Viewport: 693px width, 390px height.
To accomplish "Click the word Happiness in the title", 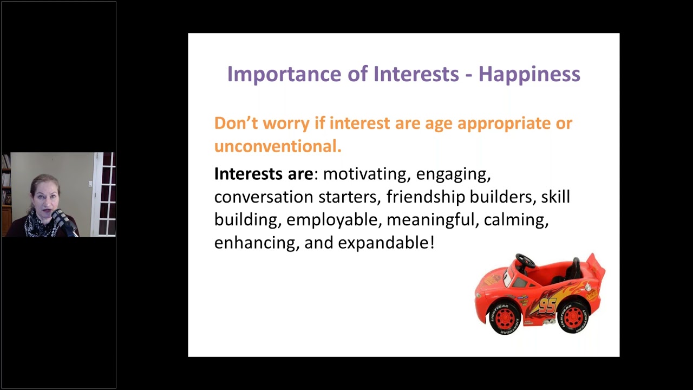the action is (529, 74).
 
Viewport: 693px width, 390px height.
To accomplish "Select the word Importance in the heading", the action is (284, 74).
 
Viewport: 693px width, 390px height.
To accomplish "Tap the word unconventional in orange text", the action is (278, 146).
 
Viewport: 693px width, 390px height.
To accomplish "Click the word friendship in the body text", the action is (426, 197).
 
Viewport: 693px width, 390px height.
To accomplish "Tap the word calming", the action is (517, 220).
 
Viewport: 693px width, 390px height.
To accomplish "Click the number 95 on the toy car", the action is (547, 305).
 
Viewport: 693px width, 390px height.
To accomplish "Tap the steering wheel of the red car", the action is (525, 261).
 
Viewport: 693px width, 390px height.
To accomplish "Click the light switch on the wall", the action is (90, 184).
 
